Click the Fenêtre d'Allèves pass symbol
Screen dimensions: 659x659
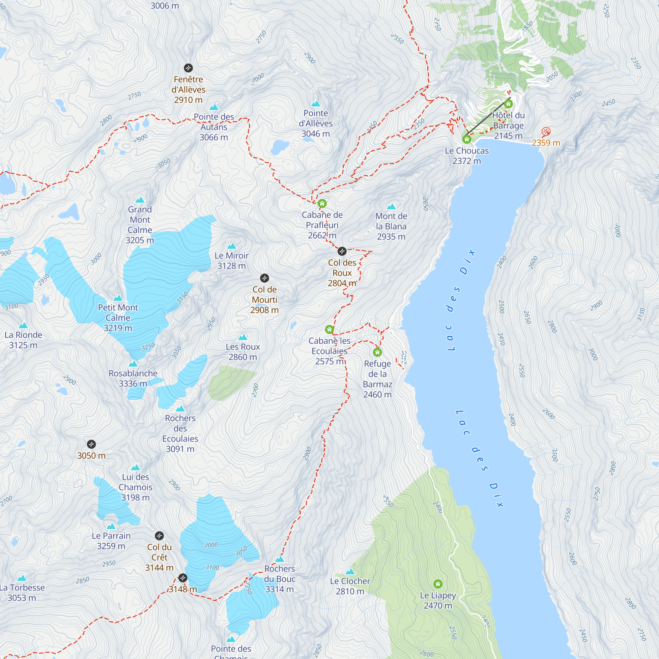tap(188, 68)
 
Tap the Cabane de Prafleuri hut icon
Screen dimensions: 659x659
tap(322, 204)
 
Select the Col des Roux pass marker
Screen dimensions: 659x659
tap(342, 251)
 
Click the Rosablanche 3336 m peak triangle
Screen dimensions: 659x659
tap(133, 364)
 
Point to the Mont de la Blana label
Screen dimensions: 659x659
tap(391, 226)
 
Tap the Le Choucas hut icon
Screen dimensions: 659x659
tap(467, 139)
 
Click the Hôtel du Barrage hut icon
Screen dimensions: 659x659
tap(508, 104)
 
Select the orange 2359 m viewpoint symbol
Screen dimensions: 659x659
tap(546, 131)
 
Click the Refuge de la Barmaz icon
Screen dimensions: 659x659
tap(377, 352)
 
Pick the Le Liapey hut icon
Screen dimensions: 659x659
tap(438, 584)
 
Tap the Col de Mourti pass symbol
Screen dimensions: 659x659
tap(264, 278)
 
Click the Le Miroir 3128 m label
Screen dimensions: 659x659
tap(232, 261)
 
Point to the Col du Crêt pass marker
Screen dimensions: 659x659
tap(159, 535)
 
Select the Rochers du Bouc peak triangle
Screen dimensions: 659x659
tap(280, 559)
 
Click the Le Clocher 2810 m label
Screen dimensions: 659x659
tap(350, 586)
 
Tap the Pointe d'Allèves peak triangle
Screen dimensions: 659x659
tap(316, 104)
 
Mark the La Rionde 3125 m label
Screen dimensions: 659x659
tap(23, 340)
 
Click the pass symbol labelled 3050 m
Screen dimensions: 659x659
tap(91, 444)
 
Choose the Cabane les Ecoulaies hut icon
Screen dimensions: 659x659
tap(329, 329)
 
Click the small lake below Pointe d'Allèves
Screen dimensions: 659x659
tap(280, 147)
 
